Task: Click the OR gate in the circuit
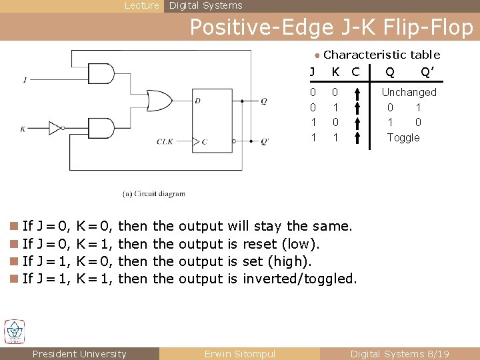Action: tap(157, 100)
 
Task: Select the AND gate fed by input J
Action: tap(104, 74)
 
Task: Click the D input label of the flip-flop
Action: tap(197, 101)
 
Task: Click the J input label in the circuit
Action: tap(25, 80)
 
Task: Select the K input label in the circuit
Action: tap(23, 128)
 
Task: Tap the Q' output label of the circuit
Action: tap(264, 141)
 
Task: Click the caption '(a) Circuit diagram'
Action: tap(153, 194)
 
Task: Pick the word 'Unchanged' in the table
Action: tap(409, 92)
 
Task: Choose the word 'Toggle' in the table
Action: tap(403, 137)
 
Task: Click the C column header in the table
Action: tap(355, 71)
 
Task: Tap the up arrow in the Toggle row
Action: tap(358, 137)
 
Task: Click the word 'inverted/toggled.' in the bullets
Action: tap(300, 279)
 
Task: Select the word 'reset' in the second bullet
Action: tap(261, 243)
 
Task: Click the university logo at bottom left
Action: tap(15, 331)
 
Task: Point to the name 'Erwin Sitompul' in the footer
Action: tap(239, 354)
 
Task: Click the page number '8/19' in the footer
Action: tap(438, 354)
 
